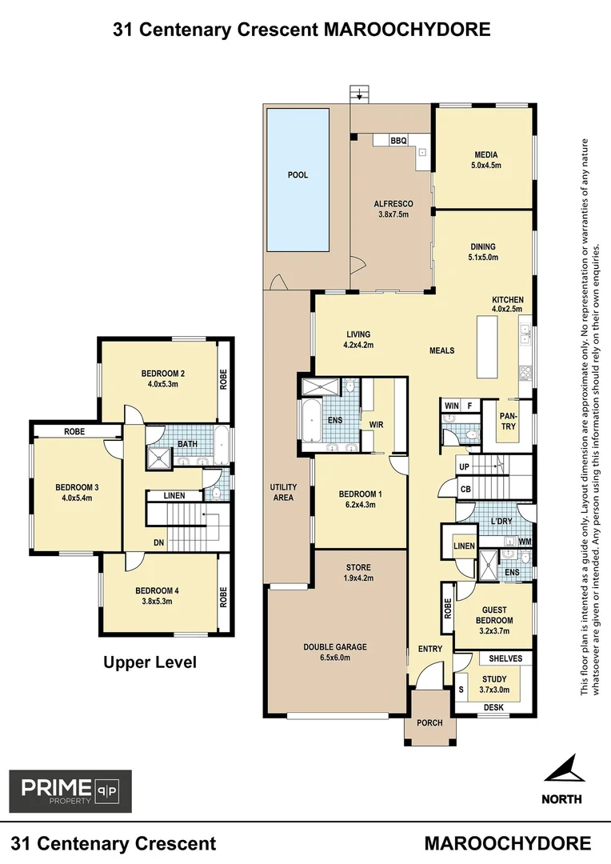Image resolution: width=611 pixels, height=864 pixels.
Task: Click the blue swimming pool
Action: (x=298, y=178)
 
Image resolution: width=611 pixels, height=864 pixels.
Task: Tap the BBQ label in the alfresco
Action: (x=399, y=141)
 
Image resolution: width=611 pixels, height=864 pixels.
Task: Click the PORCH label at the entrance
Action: (x=429, y=722)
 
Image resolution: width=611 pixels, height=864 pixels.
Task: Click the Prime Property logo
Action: (x=70, y=791)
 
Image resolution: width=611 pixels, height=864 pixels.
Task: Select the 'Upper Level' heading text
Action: (x=150, y=662)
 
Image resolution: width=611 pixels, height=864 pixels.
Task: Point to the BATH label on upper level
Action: (x=187, y=444)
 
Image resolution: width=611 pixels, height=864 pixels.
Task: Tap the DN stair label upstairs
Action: (x=160, y=542)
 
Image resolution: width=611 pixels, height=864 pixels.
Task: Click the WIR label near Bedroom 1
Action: (x=377, y=424)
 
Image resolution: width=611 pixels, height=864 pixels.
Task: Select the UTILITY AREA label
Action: (x=283, y=492)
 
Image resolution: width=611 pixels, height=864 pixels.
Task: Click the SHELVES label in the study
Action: (x=505, y=658)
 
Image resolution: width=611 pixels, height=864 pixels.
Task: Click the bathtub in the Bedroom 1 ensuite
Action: (x=309, y=422)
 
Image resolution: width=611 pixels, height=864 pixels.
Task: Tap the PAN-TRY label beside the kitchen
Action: (x=509, y=421)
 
